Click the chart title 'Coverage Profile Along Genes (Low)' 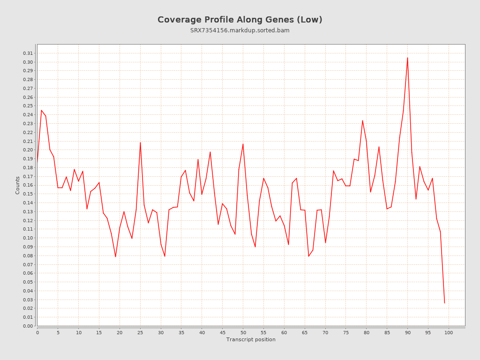(x=240, y=20)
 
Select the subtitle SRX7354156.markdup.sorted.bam (x=240, y=30)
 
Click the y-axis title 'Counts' (x=18, y=185)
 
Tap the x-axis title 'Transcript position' (x=251, y=339)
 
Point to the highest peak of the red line (x=407, y=58)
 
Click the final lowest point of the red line (x=444, y=303)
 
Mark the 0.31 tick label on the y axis (x=28, y=53)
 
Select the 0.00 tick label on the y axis (x=28, y=326)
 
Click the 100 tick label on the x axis (x=449, y=332)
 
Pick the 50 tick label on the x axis (x=243, y=332)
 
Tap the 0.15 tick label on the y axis (x=28, y=194)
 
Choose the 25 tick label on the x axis (x=140, y=332)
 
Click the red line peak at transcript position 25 (x=140, y=142)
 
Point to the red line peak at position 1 (x=41, y=110)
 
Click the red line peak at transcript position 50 (x=243, y=144)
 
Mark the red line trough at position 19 (x=115, y=256)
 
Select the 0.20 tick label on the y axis (x=28, y=150)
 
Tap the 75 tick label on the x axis (x=346, y=332)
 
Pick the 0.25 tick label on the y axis (x=28, y=106)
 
